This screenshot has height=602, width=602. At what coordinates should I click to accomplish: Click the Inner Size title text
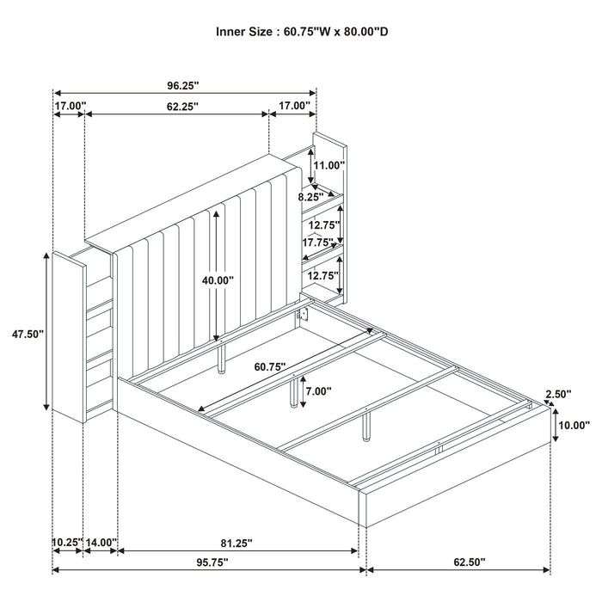[x=301, y=32]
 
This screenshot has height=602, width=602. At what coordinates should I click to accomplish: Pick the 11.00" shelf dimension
[x=329, y=165]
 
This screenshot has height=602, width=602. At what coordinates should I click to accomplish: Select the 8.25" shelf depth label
[x=310, y=197]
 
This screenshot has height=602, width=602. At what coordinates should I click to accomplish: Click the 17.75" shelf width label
[x=318, y=243]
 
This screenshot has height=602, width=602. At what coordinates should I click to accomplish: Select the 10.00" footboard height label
[x=574, y=425]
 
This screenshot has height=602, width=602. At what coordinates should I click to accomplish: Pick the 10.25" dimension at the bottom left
[x=67, y=543]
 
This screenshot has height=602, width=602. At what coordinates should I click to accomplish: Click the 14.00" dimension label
[x=101, y=543]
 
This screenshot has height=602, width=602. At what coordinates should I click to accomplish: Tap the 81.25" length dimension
[x=234, y=544]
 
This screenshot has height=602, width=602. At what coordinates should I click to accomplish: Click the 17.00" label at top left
[x=70, y=107]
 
